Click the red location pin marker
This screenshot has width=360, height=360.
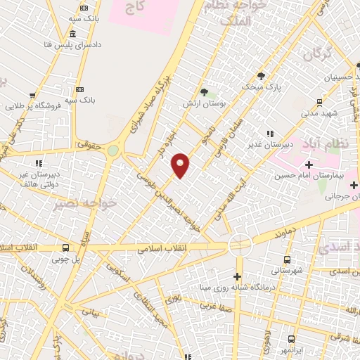181,165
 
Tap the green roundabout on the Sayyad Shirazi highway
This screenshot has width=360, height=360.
112,150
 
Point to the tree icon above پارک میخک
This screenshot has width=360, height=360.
261,76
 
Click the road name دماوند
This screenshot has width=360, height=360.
283,231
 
